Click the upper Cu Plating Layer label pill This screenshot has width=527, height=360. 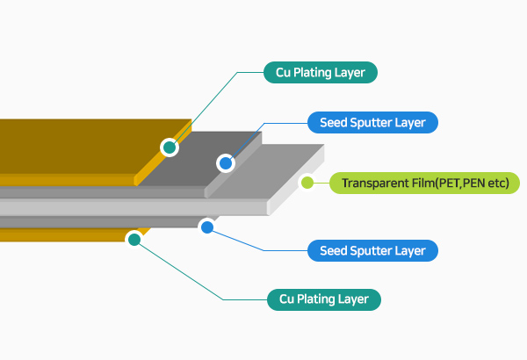point(321,72)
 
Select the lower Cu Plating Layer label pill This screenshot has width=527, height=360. point(324,299)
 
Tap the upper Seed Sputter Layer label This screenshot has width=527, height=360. point(372,122)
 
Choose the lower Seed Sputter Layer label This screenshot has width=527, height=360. point(372,251)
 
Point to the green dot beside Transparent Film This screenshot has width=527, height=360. point(307,184)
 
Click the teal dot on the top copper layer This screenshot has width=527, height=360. point(170,148)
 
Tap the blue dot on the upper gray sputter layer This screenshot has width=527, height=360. point(226,162)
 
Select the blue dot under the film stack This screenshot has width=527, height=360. point(207,227)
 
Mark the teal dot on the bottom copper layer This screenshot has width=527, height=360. point(134,239)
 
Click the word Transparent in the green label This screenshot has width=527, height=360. point(372,184)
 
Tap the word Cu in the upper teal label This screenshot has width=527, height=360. point(285,72)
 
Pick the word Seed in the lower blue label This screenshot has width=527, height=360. point(336,251)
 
